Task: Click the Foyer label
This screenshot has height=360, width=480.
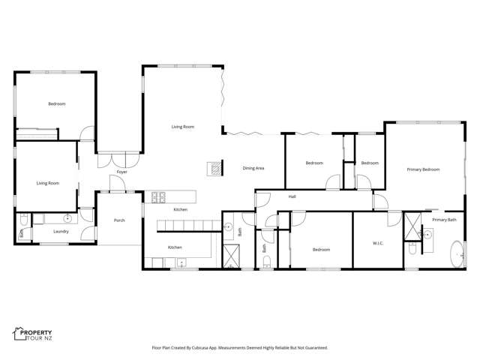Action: (x=121, y=172)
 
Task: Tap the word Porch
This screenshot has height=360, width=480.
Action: (x=118, y=220)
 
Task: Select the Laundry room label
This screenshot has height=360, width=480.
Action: (x=61, y=232)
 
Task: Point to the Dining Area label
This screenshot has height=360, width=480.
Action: (x=253, y=168)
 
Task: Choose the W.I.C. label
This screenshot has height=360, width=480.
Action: (x=378, y=242)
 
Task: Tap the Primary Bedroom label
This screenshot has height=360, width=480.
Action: (x=423, y=169)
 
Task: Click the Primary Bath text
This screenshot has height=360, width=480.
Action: (x=444, y=219)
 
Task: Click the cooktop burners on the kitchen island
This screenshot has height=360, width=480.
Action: (x=158, y=198)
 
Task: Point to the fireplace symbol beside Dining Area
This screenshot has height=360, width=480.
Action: (x=214, y=168)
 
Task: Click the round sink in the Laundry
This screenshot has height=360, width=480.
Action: (x=67, y=219)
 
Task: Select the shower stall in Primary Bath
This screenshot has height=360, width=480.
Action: (x=412, y=230)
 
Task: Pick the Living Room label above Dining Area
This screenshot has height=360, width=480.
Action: (x=182, y=127)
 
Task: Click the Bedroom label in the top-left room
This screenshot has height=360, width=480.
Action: (x=57, y=103)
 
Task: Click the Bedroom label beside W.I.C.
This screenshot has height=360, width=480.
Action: (x=321, y=249)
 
